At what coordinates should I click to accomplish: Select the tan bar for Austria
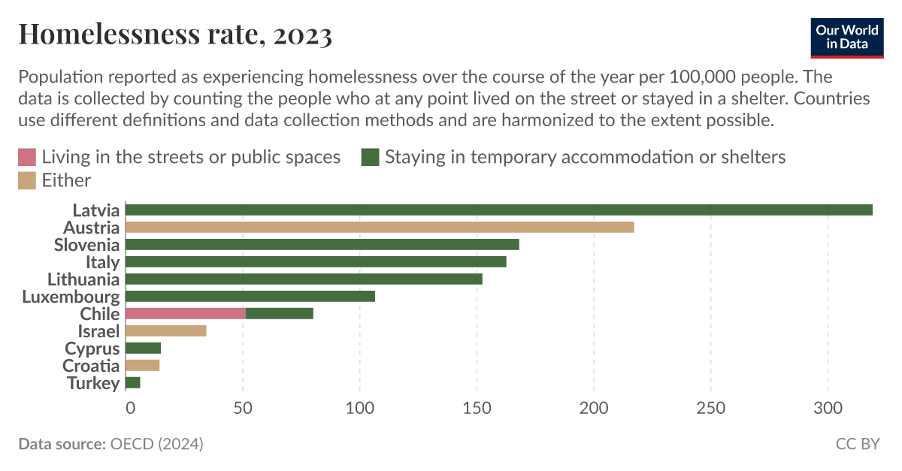[x=380, y=228]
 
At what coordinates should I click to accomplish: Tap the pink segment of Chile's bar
[x=186, y=314]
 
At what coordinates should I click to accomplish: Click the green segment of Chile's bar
[x=280, y=314]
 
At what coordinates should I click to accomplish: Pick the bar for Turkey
[x=133, y=383]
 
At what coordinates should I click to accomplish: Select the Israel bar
[x=166, y=331]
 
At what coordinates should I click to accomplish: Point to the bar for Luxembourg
[x=250, y=297]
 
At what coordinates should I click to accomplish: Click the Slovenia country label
[x=86, y=245]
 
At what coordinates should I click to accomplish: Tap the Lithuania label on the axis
[x=83, y=279]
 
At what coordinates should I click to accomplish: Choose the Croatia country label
[x=91, y=366]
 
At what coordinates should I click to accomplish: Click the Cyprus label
[x=92, y=349]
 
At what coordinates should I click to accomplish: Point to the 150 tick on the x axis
[x=477, y=409]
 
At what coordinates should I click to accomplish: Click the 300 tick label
[x=828, y=409]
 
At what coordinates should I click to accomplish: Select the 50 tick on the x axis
[x=242, y=409]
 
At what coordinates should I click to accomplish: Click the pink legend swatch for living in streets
[x=27, y=157]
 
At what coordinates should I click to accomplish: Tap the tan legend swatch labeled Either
[x=27, y=180]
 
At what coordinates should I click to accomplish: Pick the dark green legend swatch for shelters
[x=370, y=157]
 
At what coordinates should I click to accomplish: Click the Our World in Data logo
[x=846, y=38]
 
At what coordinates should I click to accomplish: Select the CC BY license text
[x=857, y=444]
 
